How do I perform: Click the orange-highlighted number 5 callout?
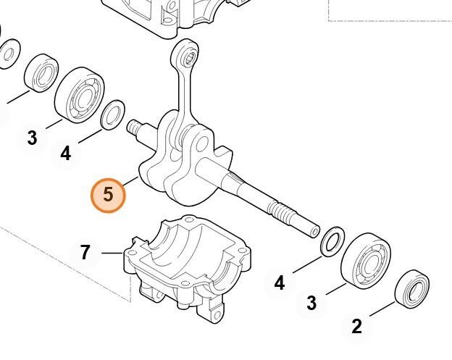point(108,196)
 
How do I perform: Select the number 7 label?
point(85,253)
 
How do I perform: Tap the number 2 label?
point(357,326)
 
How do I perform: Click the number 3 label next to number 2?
point(311,303)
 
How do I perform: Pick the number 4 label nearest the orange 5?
point(66,153)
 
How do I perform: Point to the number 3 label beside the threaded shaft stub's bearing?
point(33,138)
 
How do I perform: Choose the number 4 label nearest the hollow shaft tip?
point(280,282)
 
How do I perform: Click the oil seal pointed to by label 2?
point(412,289)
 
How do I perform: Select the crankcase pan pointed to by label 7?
point(188,268)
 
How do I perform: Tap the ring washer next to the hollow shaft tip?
point(332,241)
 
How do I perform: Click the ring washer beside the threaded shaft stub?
point(112,114)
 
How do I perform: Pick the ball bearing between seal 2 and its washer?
point(366,261)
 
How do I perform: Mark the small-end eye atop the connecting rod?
point(185,54)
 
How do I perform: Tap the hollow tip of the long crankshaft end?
point(315,231)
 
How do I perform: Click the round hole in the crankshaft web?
point(203,143)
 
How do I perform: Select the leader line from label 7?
point(112,253)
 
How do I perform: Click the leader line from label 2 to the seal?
point(382,309)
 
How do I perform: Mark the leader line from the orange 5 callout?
point(131,181)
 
